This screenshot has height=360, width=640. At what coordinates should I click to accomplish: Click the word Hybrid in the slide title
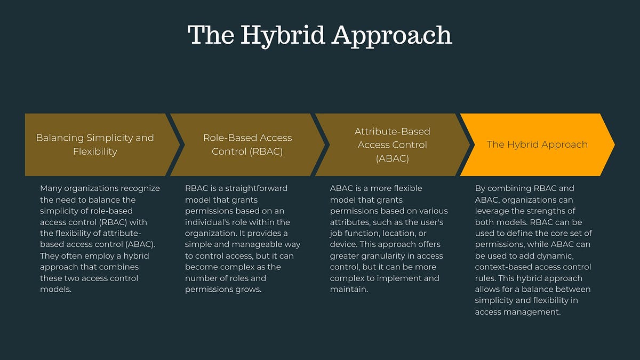tap(281, 35)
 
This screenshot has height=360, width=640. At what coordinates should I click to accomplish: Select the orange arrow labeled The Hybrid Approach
tap(537, 145)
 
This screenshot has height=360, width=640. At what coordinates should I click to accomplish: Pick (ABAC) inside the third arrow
tap(392, 158)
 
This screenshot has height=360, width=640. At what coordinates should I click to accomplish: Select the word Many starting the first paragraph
tap(51, 188)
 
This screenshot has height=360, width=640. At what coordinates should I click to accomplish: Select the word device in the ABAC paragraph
tap(343, 244)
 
